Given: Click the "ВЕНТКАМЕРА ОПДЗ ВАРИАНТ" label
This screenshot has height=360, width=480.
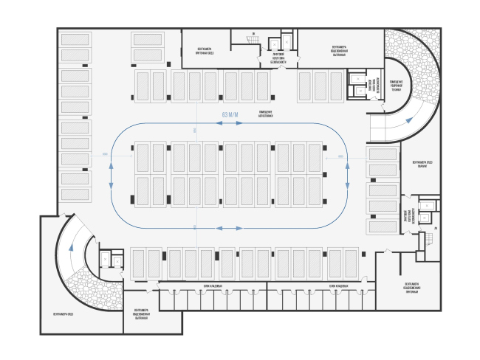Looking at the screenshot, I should pyautogui.click(x=411, y=165).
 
